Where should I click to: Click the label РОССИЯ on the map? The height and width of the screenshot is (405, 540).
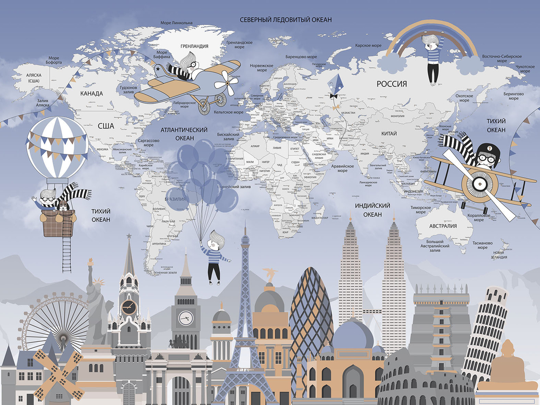pos(391,84)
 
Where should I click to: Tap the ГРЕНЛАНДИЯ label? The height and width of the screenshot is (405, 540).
pos(195,46)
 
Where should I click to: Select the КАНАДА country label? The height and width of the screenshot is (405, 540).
pos(91,93)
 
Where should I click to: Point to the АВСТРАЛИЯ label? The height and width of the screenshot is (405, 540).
pos(443,226)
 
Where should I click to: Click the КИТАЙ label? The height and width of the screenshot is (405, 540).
pos(388,133)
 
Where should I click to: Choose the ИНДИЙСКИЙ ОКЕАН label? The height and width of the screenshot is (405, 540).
pos(373,210)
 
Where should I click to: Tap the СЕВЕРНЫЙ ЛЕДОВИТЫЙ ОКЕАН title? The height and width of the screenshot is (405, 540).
pos(286,19)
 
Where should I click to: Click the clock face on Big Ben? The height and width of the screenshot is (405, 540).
pos(186,318)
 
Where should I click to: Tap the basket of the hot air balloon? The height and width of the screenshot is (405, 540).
pos(56,222)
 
